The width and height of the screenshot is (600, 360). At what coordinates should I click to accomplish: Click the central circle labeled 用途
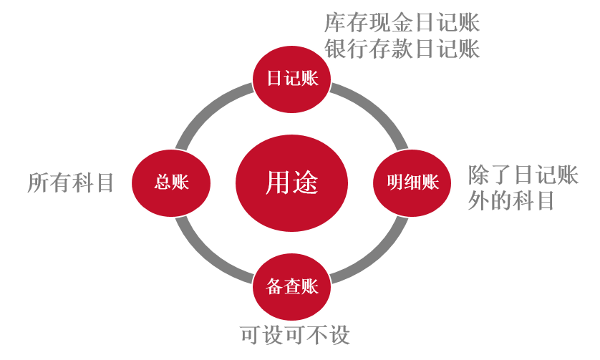click(x=291, y=183)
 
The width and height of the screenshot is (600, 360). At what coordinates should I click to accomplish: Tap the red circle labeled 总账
click(x=171, y=183)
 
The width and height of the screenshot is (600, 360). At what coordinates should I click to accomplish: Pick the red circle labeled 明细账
click(x=412, y=183)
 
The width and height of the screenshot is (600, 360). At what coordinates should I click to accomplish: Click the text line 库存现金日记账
click(x=402, y=22)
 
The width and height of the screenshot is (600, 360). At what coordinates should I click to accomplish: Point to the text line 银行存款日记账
click(x=402, y=49)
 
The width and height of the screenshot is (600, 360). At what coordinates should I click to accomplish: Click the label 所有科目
click(x=71, y=183)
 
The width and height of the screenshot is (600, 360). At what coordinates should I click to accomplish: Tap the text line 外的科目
click(x=511, y=201)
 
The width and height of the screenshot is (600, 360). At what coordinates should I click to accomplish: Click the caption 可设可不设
click(x=294, y=334)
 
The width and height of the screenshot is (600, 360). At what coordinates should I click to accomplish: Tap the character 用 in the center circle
click(x=278, y=183)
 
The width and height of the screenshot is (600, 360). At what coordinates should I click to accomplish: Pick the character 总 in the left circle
click(x=163, y=183)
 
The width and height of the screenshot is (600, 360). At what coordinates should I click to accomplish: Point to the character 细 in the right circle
click(x=412, y=183)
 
